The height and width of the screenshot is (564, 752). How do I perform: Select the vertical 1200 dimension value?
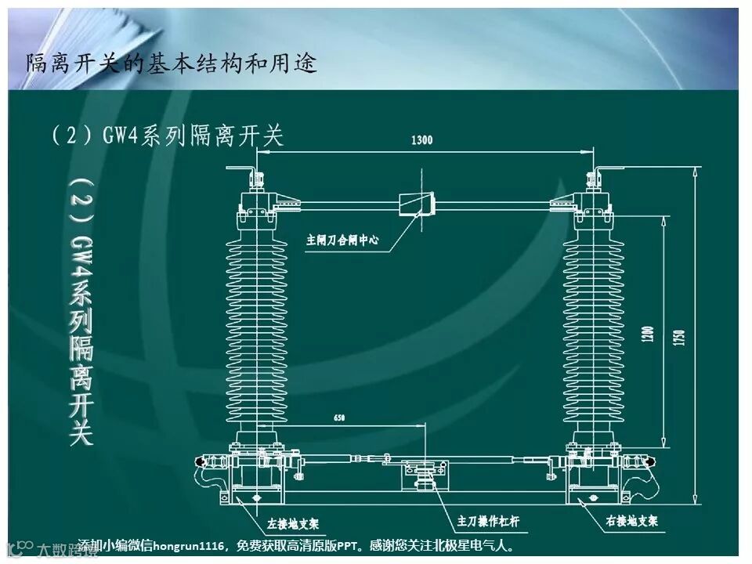[x=648, y=331]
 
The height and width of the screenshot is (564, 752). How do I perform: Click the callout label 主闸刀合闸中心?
[x=342, y=240]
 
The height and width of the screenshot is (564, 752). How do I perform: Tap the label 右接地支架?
[x=631, y=520]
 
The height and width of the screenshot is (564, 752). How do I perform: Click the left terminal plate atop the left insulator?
[x=243, y=170]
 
